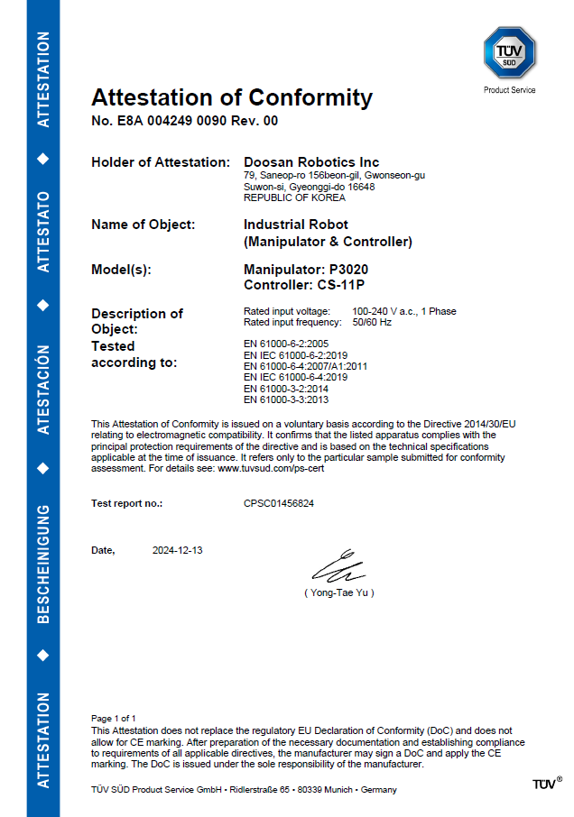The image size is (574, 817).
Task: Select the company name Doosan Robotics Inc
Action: click(x=311, y=162)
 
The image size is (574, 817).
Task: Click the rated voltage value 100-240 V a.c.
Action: click(x=389, y=311)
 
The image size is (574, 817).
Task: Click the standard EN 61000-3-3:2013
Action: click(x=286, y=399)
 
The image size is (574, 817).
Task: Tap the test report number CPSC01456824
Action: click(x=279, y=503)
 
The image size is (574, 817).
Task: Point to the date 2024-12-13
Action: click(x=178, y=550)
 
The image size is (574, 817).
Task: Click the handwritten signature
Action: click(x=338, y=568)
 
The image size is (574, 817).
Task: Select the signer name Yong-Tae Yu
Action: click(x=339, y=592)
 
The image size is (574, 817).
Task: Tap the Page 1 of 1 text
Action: click(x=114, y=719)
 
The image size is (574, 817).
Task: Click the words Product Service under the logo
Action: click(x=509, y=90)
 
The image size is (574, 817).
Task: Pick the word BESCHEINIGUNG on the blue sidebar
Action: click(x=42, y=564)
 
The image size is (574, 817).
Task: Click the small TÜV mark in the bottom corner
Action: click(x=545, y=785)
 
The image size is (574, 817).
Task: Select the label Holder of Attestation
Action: click(x=161, y=162)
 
